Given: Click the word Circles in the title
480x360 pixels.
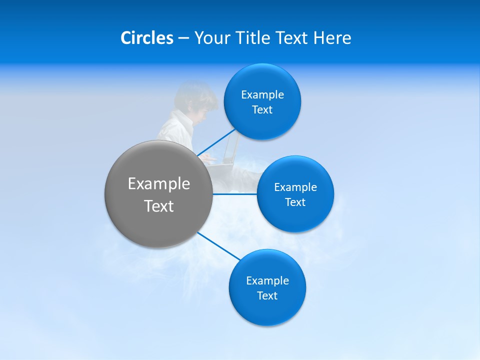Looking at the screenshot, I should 146,38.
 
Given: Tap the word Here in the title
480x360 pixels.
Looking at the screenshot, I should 332,38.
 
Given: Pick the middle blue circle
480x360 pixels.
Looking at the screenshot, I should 295,217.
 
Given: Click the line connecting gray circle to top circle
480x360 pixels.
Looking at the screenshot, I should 216,142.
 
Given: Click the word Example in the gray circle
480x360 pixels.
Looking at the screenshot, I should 158,184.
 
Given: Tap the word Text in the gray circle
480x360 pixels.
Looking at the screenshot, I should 158,206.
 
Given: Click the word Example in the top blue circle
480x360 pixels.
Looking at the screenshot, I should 262,95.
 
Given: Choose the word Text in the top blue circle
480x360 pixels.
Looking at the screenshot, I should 262,110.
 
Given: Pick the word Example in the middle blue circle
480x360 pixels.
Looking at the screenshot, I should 295,187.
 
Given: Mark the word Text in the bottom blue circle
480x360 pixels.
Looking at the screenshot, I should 267,296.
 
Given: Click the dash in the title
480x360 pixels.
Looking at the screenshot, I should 183,38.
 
